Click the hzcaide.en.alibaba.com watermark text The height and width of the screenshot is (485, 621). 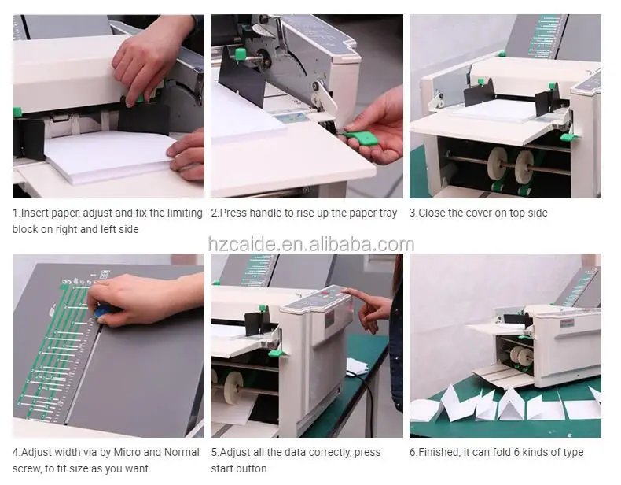pos(311,244)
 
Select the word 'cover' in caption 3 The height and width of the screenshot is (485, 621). pos(479,213)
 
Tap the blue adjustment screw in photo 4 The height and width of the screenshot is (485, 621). pos(102,310)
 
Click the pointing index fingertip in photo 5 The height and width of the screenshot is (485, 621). pos(345,292)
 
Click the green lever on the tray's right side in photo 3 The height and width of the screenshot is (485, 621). pos(568,138)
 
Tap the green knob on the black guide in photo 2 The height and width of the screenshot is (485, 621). pos(241,54)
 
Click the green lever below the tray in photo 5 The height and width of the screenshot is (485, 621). pos(276,352)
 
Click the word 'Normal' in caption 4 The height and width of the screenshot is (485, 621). pos(182,452)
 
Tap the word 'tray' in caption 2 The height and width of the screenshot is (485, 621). pos(388,213)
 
